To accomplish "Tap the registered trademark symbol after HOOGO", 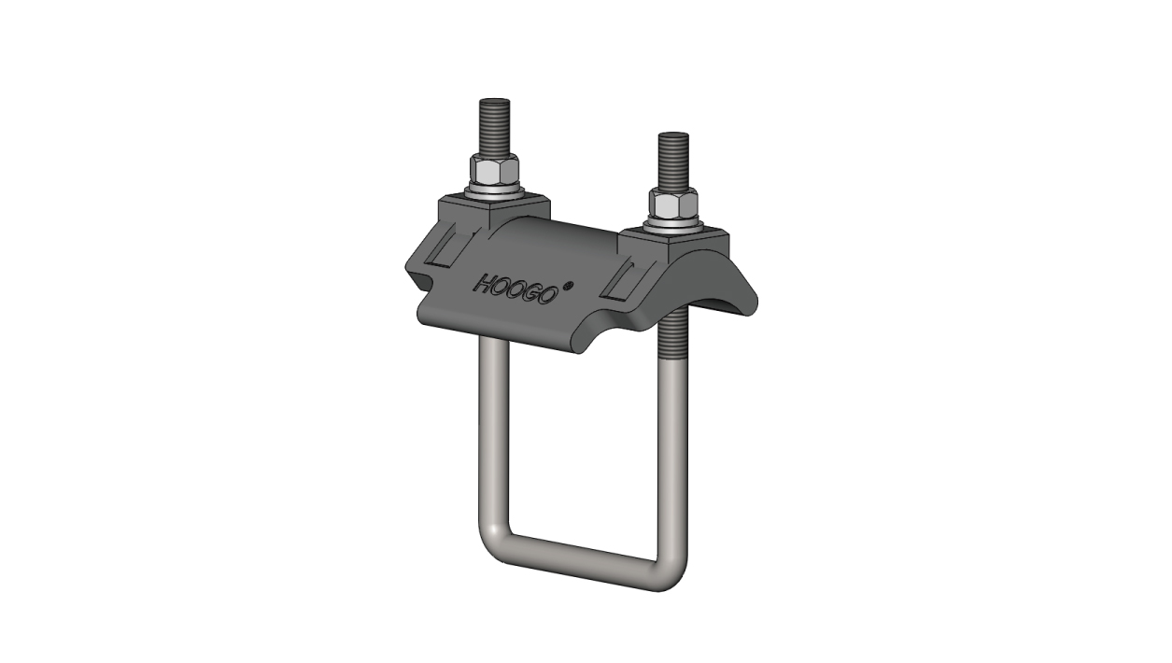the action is [x=569, y=285].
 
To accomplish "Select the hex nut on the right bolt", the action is [x=674, y=204].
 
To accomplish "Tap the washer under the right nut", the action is [x=674, y=224].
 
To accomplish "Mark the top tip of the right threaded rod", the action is [x=674, y=134].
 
